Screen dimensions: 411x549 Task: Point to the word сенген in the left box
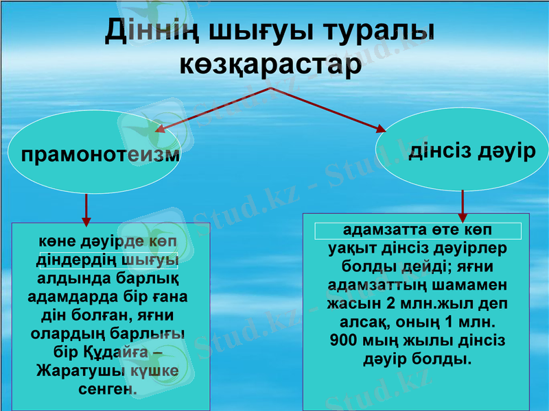[x=108, y=388]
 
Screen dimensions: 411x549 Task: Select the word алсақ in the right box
[x=364, y=321]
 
